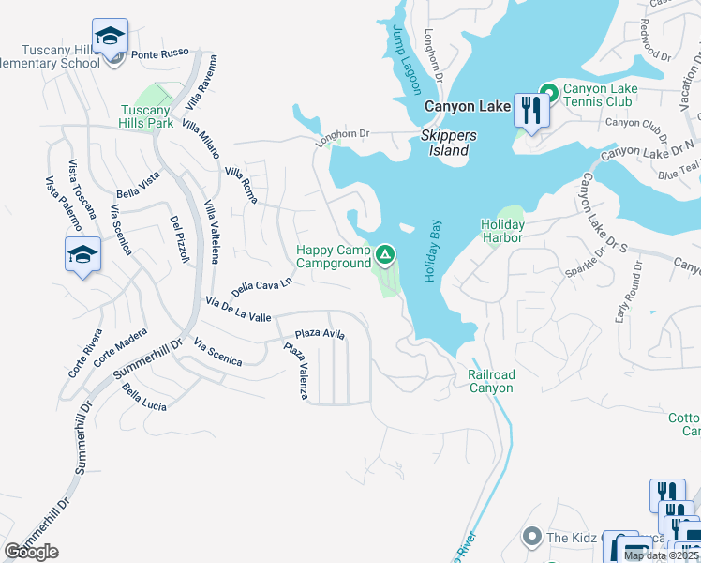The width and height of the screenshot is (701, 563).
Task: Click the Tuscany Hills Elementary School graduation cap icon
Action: [x=111, y=37]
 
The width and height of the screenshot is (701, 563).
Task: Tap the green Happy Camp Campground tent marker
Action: [x=384, y=255]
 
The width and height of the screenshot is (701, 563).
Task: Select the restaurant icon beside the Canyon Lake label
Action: [x=531, y=111]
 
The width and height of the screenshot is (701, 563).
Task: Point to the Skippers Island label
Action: [x=448, y=143]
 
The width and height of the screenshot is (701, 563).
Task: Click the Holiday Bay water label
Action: [x=432, y=251]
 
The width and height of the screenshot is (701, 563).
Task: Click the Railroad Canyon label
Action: [x=491, y=381]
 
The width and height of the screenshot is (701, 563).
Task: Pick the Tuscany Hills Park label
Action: [x=145, y=116]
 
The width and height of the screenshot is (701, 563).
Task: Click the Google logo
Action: [x=31, y=551]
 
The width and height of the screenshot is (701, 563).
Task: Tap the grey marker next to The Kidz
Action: [x=531, y=537]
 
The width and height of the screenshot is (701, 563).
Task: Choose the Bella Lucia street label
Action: [x=144, y=398]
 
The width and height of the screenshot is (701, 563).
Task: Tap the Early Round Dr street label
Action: [x=627, y=292]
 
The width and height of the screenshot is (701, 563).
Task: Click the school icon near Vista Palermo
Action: [x=82, y=253]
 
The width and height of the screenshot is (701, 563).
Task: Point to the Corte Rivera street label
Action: [x=84, y=353]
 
